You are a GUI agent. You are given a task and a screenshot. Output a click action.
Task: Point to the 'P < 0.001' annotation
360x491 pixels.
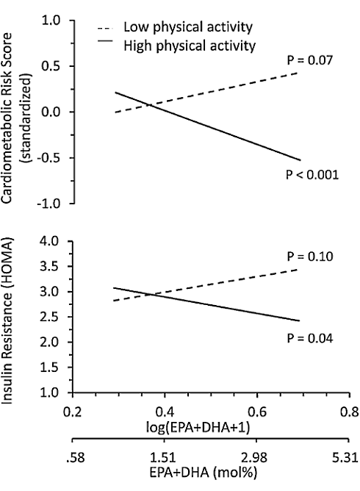click(311, 176)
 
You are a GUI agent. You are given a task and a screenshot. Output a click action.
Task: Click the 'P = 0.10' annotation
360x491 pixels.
click(309, 257)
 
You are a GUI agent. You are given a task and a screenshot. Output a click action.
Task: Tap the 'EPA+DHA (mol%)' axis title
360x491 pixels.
click(210, 473)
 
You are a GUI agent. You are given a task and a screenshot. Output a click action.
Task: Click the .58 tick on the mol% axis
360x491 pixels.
click(73, 459)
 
